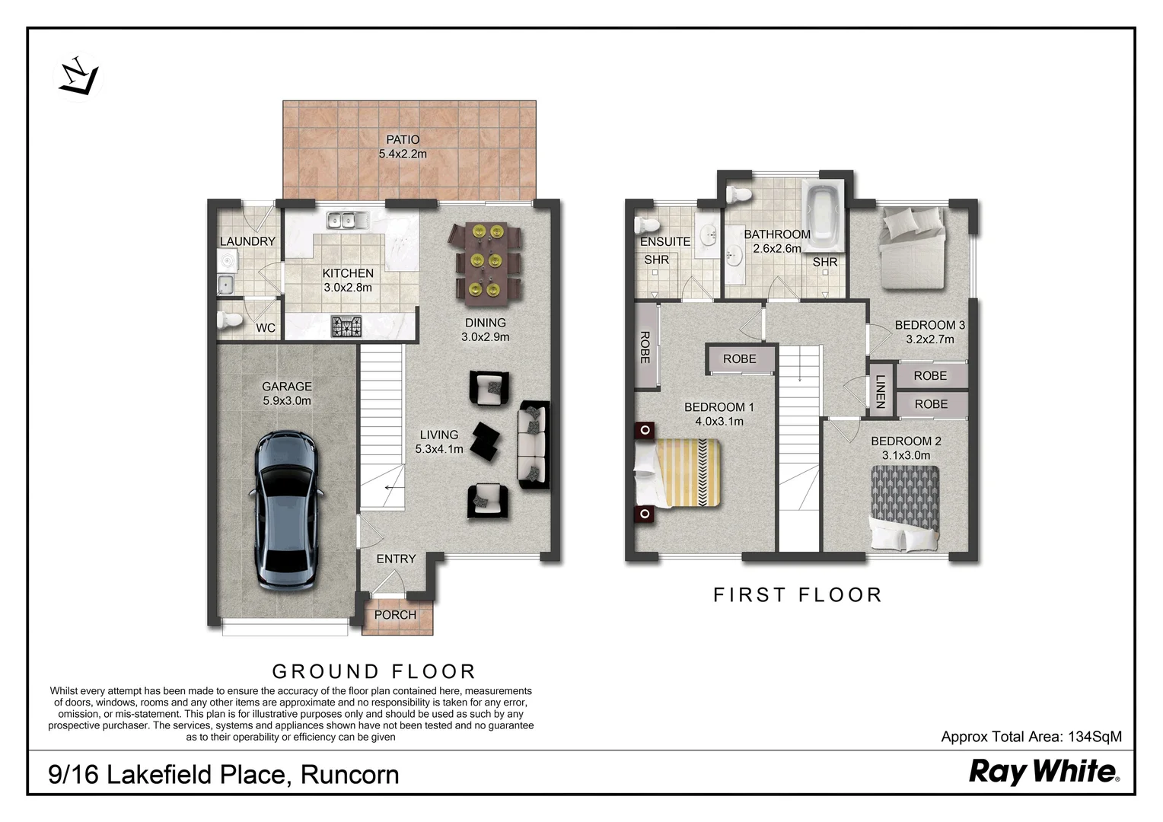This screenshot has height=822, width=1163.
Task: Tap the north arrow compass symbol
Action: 78,77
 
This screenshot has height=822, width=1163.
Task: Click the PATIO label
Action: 403,140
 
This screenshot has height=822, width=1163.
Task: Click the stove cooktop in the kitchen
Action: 346,327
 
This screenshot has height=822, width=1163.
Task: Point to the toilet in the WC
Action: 229,320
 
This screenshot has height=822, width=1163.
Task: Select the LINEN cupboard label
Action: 881,391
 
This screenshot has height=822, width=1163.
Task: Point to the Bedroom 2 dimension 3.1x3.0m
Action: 906,455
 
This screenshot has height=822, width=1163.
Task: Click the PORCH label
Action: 395,615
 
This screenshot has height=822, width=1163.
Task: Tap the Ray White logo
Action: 1043,772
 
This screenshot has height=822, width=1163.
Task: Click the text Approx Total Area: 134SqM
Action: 1031,737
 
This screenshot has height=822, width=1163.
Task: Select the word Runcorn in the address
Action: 349,775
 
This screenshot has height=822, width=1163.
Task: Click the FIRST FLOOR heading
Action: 797,595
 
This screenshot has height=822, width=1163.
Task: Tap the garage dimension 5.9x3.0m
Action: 287,400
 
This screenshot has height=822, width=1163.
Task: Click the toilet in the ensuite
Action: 647,225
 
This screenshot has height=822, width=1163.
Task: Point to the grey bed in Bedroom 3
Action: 912,247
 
